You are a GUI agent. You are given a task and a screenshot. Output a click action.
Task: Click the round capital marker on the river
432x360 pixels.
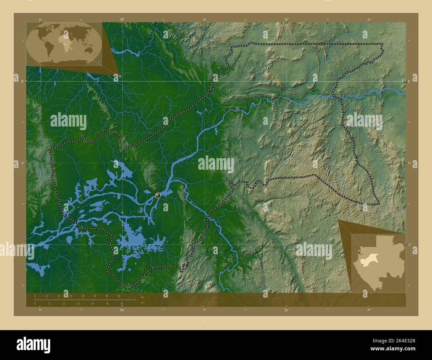pos(158,195)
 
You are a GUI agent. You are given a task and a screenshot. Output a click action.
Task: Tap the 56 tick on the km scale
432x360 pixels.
pos(119,296)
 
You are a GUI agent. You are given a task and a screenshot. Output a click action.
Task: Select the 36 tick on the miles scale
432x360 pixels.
pos(122,304)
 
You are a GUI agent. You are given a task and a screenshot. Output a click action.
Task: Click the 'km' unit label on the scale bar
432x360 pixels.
pos(143,297)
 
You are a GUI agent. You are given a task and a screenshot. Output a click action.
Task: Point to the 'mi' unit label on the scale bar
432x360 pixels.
pos(142,303)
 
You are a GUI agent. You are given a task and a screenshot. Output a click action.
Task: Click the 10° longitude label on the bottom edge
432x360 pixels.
pos(122,310)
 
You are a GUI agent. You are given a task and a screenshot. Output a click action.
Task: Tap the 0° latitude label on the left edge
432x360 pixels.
pos(22,81)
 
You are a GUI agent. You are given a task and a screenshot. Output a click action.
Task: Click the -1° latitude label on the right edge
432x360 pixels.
pos(410,244)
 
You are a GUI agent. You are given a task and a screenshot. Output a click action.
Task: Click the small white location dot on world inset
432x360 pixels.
pos(63,43)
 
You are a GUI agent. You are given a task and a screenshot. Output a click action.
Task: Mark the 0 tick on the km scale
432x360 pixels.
pos(35,296)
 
